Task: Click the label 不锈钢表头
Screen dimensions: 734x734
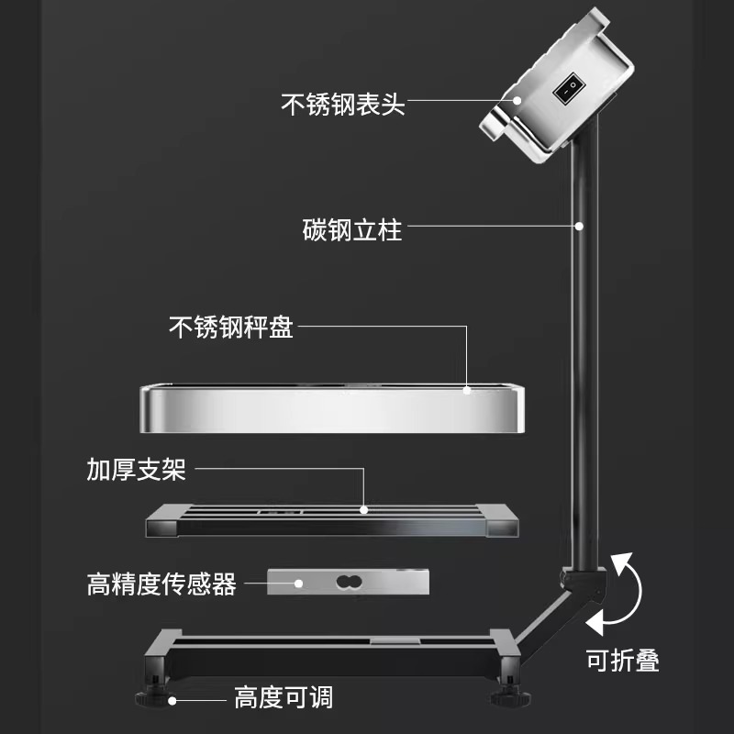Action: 341,103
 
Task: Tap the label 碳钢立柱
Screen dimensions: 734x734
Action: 352,228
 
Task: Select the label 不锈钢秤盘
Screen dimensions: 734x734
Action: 231,328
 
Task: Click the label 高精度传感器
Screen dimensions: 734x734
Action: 161,584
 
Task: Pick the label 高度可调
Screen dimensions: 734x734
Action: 283,698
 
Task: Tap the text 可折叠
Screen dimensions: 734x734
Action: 622,660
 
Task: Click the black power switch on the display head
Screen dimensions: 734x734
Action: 569,88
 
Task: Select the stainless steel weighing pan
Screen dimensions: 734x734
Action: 332,409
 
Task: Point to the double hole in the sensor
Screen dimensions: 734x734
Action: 347,582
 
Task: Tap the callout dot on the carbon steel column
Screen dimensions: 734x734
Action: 579,225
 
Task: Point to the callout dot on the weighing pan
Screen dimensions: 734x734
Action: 467,390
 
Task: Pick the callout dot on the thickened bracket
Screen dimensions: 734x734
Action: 364,507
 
